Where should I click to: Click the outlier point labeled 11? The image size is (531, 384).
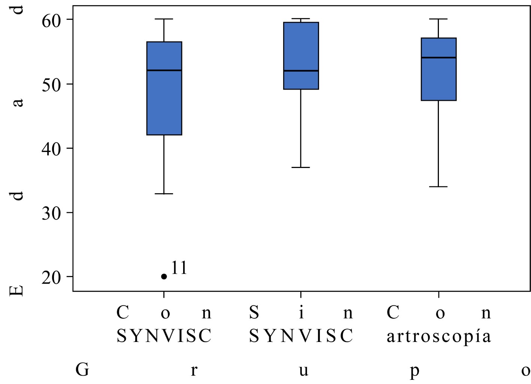coord(164,277)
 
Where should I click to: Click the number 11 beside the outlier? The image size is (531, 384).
coord(179,268)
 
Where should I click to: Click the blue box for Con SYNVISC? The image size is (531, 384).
coord(164,101)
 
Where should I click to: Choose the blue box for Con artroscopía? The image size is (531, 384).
coord(439,79)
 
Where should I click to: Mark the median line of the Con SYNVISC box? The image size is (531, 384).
coord(164,70)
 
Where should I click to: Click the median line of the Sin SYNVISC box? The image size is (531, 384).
coord(301,70)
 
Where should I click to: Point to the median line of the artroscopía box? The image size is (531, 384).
coord(439,57)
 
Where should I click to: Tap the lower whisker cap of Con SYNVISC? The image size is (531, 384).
coord(164,194)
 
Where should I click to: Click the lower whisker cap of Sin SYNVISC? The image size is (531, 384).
coord(301,167)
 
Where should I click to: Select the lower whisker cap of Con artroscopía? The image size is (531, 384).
coord(439,186)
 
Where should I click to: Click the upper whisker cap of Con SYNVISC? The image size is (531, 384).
coord(164,19)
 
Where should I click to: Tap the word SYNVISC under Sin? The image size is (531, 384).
coord(301,336)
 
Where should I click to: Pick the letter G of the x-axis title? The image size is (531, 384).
coord(82,370)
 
